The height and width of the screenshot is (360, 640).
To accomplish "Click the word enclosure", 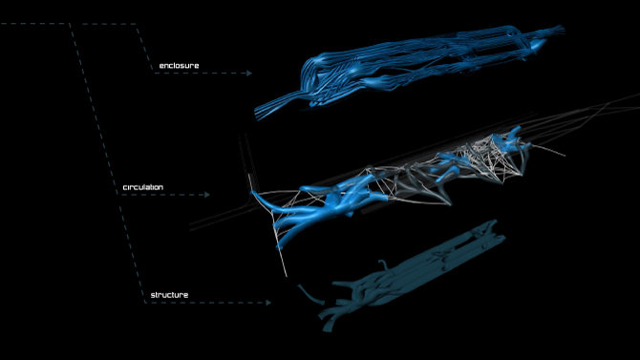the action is coord(179,66).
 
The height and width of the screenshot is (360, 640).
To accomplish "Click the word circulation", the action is coord(143,187).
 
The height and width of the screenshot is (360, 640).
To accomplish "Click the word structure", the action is coord(169,295).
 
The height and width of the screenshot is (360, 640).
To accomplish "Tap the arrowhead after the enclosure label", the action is coord(249,74).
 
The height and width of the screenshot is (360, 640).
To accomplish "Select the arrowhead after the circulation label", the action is coord(207,195).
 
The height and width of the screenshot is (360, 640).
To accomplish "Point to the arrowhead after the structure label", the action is coord(268,303).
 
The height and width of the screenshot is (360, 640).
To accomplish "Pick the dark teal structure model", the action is coord(413,273).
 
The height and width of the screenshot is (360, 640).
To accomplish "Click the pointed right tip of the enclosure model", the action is coord(562,29).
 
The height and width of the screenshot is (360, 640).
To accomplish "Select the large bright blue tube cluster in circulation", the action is coord(327,204).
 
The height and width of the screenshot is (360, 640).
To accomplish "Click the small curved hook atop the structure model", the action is coord(384,265).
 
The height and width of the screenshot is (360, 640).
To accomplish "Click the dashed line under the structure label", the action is coord(205,303).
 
